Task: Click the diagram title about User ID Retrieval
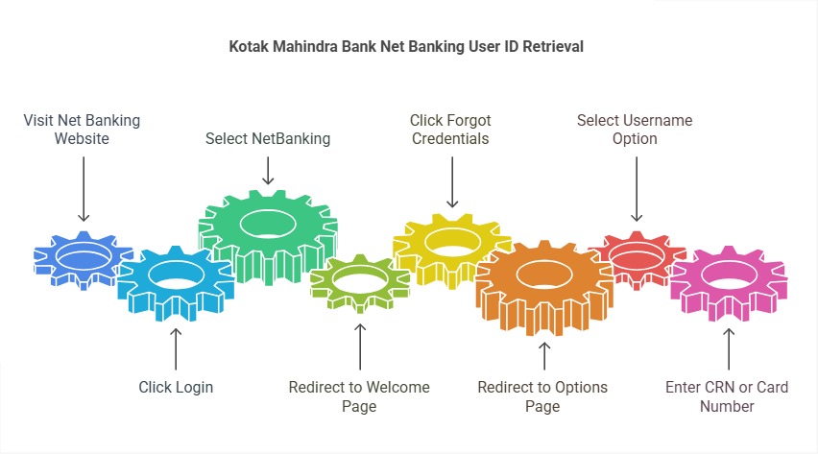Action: coord(408,46)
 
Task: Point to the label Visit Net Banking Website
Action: coord(82,130)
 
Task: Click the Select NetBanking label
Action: coord(268,138)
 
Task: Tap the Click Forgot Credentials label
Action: coord(449,130)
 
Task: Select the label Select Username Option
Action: coord(635,130)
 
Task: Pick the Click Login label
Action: coord(176,387)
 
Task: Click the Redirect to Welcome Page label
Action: coord(359,396)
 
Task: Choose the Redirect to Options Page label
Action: coord(542,396)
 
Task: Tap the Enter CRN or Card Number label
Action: coord(727,396)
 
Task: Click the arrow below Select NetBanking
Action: coord(268,170)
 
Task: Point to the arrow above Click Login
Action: coord(176,348)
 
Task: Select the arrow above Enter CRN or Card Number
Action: coord(728,348)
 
